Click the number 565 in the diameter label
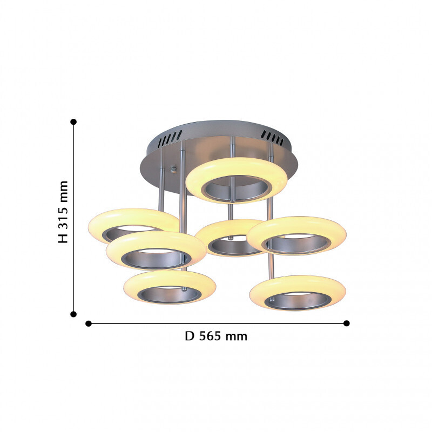(210, 336)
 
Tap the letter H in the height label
(63, 239)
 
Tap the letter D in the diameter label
(190, 336)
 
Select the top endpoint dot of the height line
(73, 122)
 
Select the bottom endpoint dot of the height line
(73, 314)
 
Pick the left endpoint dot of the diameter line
(89, 323)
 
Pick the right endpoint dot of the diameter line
(347, 323)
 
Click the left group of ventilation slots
(170, 138)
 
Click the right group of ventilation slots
(272, 138)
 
